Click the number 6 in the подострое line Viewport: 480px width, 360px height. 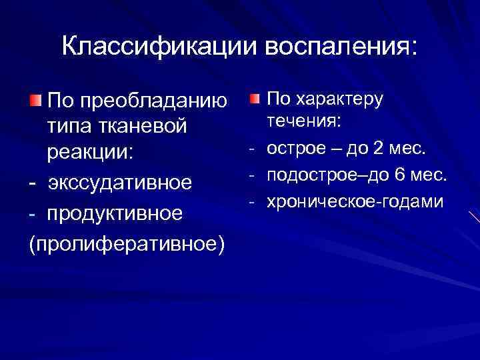399,175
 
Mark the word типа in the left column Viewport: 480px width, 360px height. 65,127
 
